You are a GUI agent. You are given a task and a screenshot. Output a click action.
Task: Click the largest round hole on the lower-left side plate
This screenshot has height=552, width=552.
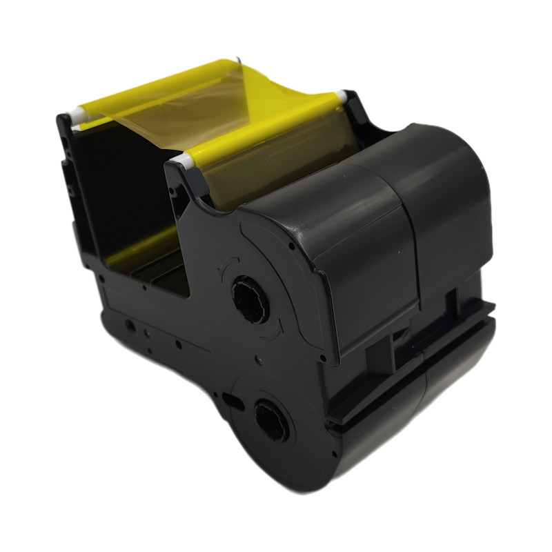tap(129, 324)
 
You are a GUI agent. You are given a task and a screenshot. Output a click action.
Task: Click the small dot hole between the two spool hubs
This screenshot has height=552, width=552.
tap(257, 359)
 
